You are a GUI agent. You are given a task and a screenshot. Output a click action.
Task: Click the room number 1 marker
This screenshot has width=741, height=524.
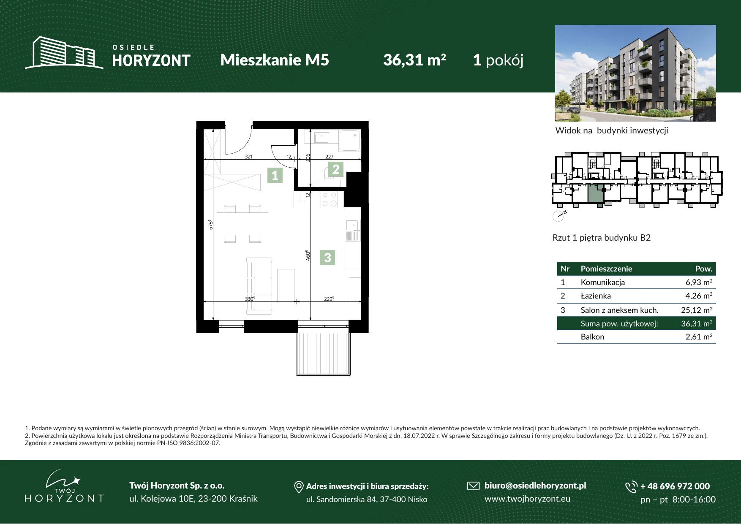click(x=275, y=175)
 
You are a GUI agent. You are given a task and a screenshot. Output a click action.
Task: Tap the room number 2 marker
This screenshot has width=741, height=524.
click(x=336, y=169)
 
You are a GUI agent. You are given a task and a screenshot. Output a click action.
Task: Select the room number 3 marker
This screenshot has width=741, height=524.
click(x=327, y=258)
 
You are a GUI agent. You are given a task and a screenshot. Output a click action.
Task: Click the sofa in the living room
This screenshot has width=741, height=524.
click(x=259, y=286)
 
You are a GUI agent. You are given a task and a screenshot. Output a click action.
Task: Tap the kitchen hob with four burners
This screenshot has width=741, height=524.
click(x=329, y=199)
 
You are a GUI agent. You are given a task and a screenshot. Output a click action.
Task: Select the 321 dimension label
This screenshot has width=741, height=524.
click(x=248, y=157)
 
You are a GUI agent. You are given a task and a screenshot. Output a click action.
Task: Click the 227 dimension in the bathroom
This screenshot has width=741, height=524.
click(x=330, y=157)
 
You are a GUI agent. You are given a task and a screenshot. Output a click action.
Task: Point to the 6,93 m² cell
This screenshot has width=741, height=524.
click(x=699, y=282)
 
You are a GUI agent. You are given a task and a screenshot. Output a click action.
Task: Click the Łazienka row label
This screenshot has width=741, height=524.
click(x=596, y=296)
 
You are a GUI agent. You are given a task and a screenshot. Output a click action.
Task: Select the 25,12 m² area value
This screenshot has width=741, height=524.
click(x=697, y=310)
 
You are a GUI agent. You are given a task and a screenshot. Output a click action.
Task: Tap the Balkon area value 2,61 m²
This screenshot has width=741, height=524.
click(x=699, y=337)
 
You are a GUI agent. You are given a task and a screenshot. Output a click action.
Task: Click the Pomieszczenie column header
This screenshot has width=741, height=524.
click(x=606, y=269)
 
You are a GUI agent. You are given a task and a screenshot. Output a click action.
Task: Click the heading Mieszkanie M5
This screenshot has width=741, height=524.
click(x=275, y=60)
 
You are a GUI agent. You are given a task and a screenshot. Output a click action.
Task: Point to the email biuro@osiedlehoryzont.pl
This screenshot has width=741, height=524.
click(x=535, y=486)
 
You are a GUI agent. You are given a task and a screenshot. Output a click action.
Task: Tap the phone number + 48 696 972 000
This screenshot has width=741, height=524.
click(x=675, y=486)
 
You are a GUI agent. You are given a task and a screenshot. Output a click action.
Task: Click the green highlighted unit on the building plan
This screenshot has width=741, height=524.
click(x=595, y=193)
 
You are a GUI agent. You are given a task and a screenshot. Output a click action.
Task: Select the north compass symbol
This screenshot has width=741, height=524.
click(x=559, y=216)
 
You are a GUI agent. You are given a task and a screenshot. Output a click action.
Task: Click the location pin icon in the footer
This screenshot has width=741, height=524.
click(x=299, y=487)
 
